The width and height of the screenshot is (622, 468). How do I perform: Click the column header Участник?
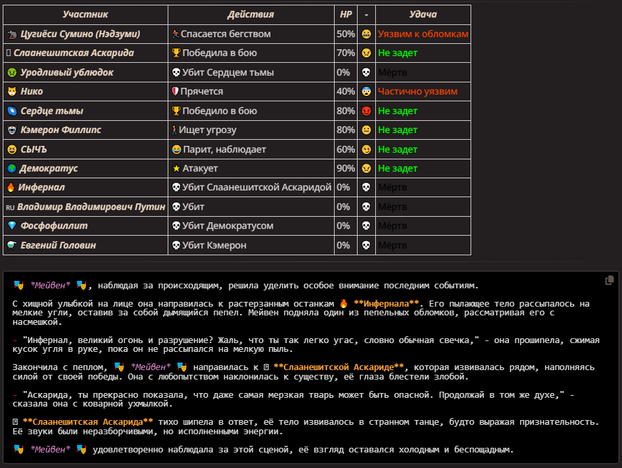click(85, 14)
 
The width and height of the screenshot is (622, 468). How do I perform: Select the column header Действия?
click(250, 14)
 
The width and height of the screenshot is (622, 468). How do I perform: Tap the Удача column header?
click(423, 14)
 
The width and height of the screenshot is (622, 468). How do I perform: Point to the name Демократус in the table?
click(49, 168)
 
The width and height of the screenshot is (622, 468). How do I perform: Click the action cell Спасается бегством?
click(226, 34)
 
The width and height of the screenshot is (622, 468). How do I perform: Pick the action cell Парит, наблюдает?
click(224, 149)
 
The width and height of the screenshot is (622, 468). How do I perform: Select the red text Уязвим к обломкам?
click(423, 34)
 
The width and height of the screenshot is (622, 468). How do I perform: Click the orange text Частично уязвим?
click(418, 91)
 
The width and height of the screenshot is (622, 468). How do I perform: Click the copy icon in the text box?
click(609, 280)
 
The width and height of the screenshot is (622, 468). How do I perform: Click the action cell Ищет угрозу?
click(208, 130)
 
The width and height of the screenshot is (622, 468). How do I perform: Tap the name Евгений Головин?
click(58, 245)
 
